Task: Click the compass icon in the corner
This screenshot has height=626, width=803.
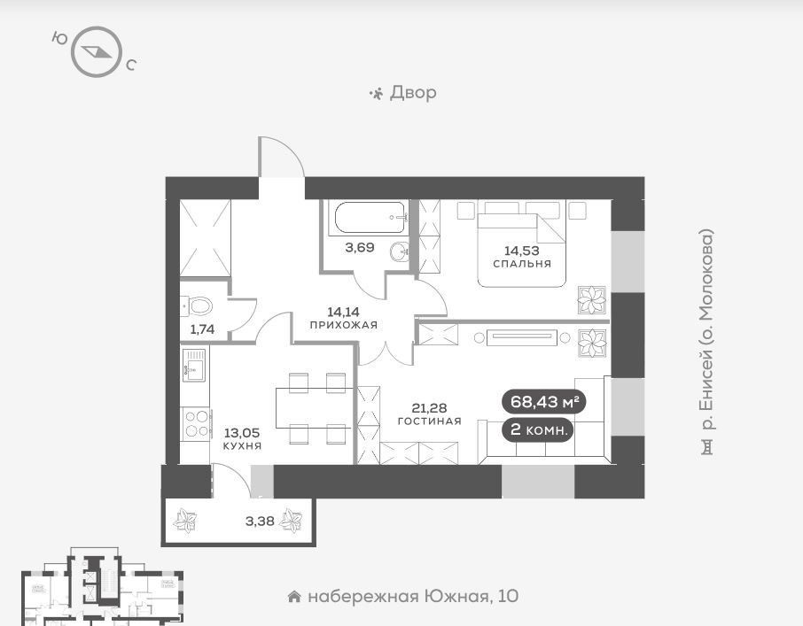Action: [94, 52]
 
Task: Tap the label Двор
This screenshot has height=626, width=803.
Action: [412, 92]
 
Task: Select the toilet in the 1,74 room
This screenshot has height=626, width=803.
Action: [199, 306]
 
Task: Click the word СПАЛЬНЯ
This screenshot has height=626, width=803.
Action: [522, 264]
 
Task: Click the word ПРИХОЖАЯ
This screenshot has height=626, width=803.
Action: [344, 325]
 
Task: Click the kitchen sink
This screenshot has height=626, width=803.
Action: [193, 364]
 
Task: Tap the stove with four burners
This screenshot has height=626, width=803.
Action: [196, 422]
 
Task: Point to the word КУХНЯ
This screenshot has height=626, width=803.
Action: [242, 446]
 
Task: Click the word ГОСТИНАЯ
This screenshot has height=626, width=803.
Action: [430, 421]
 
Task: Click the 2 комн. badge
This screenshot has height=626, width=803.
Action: [538, 430]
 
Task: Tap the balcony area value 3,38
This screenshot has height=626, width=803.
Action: [259, 522]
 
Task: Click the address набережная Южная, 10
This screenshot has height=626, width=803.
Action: [412, 596]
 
